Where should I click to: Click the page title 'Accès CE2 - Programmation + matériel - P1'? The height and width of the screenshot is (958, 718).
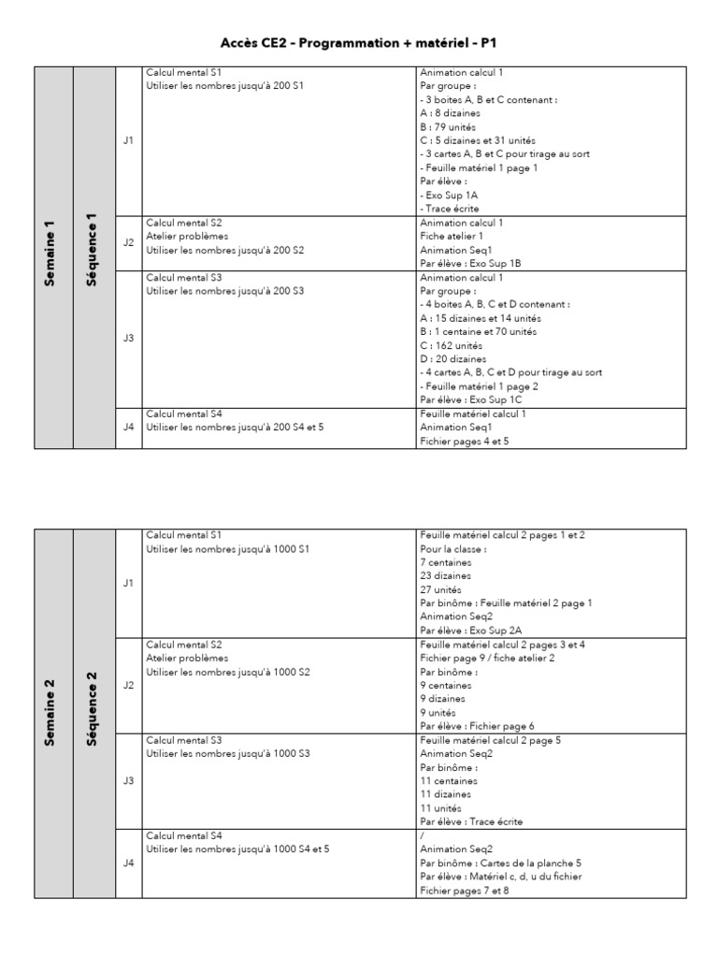pos(359,43)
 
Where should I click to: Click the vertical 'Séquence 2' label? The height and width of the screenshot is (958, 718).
pos(92,714)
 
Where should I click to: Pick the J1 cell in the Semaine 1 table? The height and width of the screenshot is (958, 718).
pos(128,140)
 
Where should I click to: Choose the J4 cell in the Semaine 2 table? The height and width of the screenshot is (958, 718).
pos(128,864)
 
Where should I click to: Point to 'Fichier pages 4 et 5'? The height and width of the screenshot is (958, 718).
pos(465,441)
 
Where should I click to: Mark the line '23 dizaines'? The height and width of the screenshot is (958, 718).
pos(446,576)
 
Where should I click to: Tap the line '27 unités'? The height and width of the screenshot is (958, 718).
pos(441,590)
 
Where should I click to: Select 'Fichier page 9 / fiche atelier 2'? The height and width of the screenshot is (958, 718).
pos(488,659)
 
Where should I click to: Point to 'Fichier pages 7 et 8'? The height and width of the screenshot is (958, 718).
pos(465,891)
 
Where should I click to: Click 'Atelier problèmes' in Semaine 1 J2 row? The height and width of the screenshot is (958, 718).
pos(187,237)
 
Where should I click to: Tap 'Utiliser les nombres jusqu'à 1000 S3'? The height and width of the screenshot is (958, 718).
pos(229,753)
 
